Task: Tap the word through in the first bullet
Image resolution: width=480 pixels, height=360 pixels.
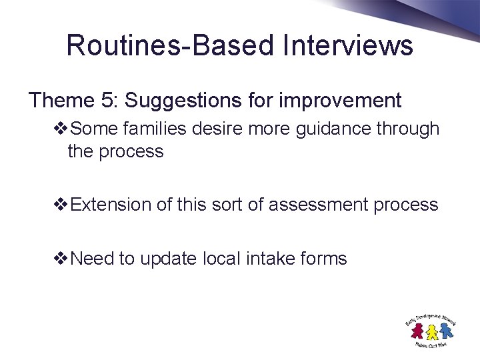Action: (x=407, y=128)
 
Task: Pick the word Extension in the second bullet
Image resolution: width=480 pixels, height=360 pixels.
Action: (x=111, y=205)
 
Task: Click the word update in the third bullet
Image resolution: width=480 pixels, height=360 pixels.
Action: (x=172, y=259)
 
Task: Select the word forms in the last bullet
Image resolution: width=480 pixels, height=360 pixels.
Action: (x=324, y=259)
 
